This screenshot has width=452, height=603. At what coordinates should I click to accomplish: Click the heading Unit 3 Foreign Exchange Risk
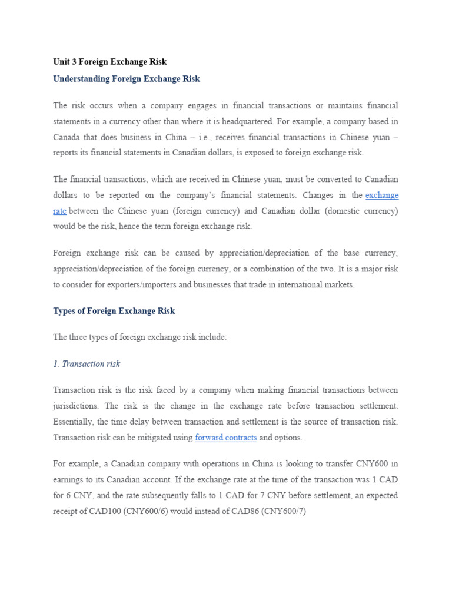[x=110, y=62]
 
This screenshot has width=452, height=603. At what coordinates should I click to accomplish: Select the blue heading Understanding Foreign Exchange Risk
[x=127, y=79]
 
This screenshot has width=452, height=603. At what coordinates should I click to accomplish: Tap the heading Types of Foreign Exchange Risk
[x=114, y=311]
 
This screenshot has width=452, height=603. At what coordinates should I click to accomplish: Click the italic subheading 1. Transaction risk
[x=87, y=364]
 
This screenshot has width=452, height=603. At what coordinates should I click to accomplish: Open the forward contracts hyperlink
[x=226, y=438]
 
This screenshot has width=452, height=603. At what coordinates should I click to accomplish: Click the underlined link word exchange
[x=381, y=195]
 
